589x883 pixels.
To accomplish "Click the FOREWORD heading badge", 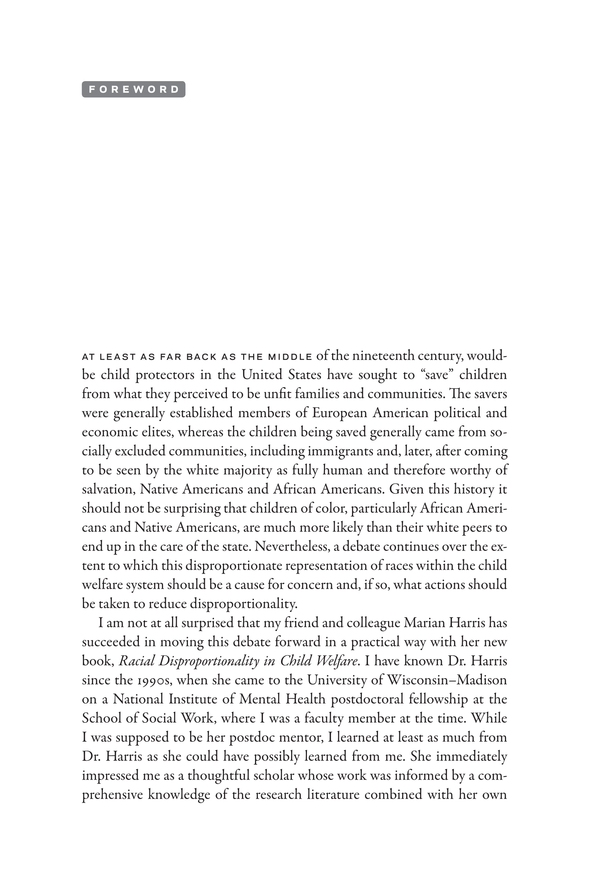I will (x=133, y=89).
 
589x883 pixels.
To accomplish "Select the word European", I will (x=339, y=413).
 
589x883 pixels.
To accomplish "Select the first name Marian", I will (x=421, y=623).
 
